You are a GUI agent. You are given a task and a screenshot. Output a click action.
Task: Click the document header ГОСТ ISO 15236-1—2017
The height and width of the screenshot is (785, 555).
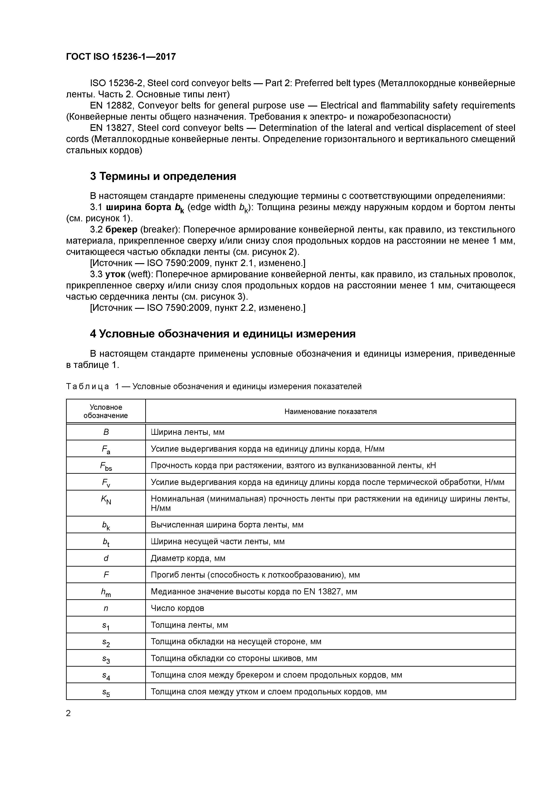[x=121, y=57]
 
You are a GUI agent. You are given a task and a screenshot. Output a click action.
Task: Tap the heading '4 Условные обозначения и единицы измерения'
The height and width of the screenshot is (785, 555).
[x=223, y=334]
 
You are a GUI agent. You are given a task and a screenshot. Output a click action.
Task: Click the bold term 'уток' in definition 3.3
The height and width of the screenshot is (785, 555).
[x=115, y=274]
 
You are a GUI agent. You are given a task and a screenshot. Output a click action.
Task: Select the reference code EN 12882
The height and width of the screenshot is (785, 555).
[x=112, y=105]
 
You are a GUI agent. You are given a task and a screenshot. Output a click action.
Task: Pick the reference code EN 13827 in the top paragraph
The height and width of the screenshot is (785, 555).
[x=112, y=128]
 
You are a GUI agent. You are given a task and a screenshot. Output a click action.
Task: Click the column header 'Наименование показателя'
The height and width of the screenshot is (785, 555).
[x=330, y=411]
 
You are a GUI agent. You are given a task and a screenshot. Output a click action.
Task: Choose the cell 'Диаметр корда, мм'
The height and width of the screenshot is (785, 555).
[x=188, y=558]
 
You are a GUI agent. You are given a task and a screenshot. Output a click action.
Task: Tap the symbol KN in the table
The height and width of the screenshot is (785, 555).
[x=106, y=500]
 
